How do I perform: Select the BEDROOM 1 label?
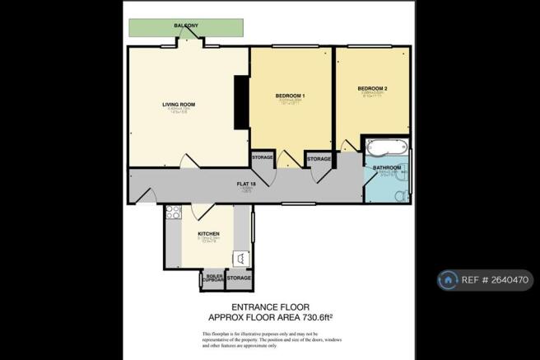click(290, 96)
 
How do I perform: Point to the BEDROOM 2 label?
click(372, 88)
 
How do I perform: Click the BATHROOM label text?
click(387, 168)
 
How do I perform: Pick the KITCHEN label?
click(208, 234)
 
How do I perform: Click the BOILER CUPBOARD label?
click(213, 278)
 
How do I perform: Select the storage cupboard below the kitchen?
click(239, 278)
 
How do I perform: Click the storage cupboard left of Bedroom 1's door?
click(263, 157)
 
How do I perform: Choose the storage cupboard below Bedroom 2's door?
click(319, 159)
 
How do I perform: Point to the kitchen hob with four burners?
click(173, 213)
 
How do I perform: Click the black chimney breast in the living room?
click(241, 102)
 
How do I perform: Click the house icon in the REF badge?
click(449, 280)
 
